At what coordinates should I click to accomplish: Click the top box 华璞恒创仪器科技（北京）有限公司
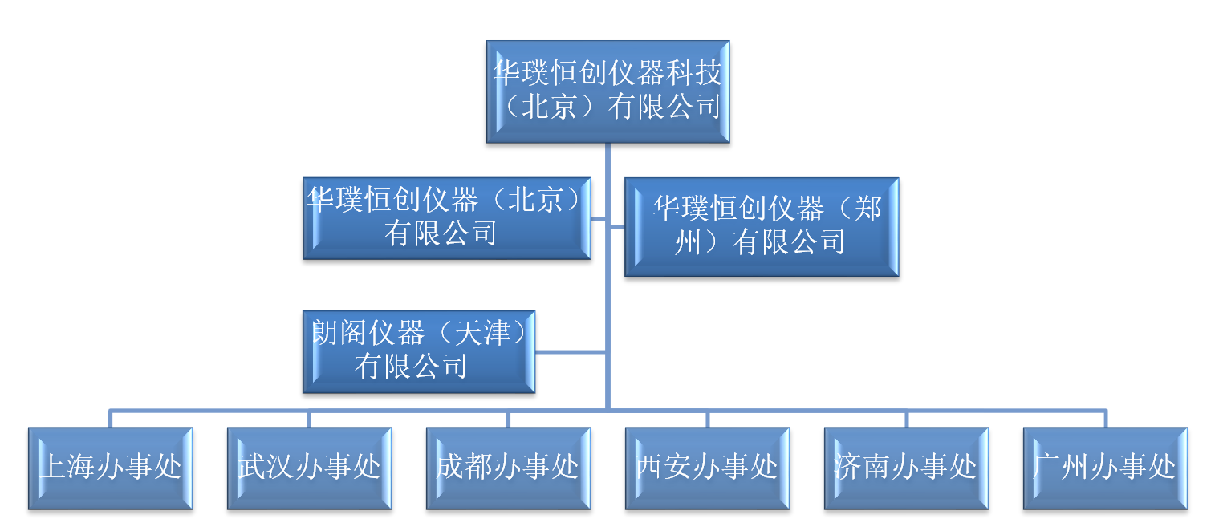607,91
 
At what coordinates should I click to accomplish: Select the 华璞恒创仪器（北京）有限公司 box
446,218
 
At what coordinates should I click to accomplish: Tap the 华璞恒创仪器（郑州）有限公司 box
761,227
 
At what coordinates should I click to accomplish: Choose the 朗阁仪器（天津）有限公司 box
418,351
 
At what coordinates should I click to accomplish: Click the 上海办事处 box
111,468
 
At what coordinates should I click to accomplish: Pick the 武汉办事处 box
309,468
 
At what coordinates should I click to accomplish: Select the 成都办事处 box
508,468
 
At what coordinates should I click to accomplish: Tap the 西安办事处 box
707,468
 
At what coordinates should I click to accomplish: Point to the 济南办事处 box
906,468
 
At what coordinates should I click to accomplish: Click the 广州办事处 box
1105,468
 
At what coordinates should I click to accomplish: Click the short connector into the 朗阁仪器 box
570,351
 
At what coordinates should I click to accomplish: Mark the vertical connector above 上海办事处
111,419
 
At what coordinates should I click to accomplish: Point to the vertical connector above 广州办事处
1105,419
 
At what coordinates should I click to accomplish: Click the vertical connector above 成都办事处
508,419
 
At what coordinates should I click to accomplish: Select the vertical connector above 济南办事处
906,419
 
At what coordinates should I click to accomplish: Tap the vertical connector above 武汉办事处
309,419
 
